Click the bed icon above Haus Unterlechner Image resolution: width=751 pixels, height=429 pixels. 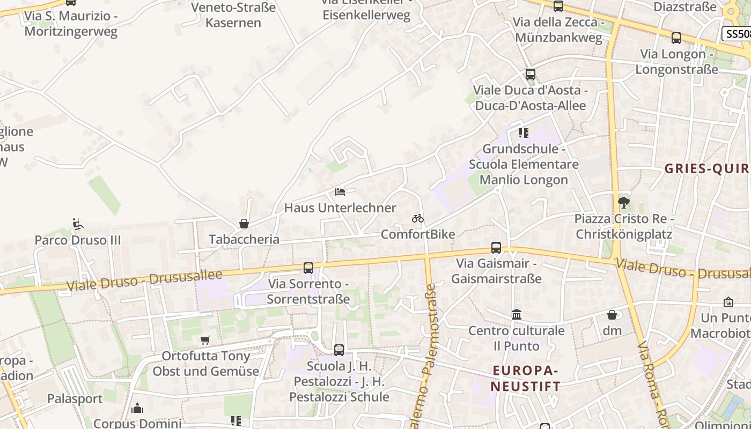click(x=340, y=192)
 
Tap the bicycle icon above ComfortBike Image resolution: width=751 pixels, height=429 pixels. click(x=418, y=218)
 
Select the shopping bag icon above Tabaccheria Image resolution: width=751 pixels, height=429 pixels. click(x=244, y=224)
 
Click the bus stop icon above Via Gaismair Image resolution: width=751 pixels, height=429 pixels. click(x=496, y=248)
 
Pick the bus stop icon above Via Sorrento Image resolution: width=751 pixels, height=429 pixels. click(x=308, y=268)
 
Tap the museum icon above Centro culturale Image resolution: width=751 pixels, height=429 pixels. click(x=517, y=314)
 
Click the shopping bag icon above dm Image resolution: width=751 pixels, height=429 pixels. click(x=612, y=315)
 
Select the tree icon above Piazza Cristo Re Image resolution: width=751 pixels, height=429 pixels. click(x=623, y=203)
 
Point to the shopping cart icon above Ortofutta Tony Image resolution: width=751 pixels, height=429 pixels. click(x=205, y=340)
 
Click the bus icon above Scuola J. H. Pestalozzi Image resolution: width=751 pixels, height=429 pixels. click(x=339, y=350)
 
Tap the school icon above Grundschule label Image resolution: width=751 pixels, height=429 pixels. click(x=524, y=132)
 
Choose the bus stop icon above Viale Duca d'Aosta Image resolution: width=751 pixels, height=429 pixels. click(x=531, y=75)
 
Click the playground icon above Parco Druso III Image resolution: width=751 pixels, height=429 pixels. click(x=78, y=224)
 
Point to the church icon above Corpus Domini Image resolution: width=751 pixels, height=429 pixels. click(x=137, y=409)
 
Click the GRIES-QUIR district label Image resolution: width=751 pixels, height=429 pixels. click(x=707, y=169)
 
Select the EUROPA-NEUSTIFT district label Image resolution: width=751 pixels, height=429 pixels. click(x=526, y=378)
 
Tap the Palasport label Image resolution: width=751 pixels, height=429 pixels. click(x=75, y=398)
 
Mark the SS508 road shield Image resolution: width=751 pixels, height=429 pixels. click(x=737, y=34)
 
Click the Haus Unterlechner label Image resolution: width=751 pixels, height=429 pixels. click(x=340, y=208)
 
